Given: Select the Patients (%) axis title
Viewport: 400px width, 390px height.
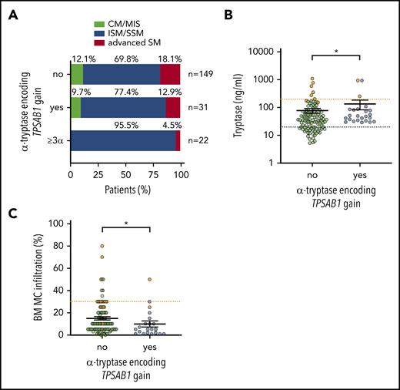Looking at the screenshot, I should tap(125, 187).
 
